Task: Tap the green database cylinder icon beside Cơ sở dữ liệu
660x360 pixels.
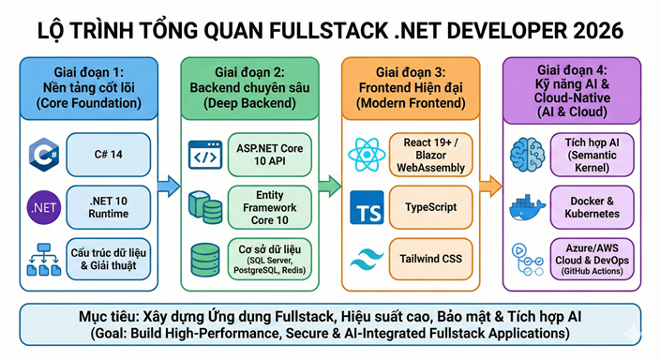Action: click(x=207, y=257)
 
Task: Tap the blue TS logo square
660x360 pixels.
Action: click(x=367, y=207)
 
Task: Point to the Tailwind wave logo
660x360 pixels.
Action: click(x=367, y=258)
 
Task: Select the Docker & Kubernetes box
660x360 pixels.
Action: click(x=593, y=207)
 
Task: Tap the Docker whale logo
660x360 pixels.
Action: click(x=529, y=207)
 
